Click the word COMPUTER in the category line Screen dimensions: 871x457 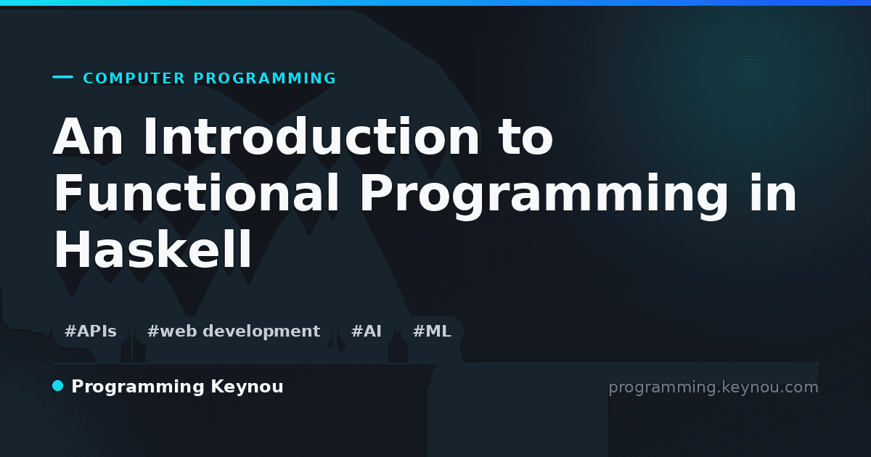[134, 78]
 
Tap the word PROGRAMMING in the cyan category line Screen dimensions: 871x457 [264, 78]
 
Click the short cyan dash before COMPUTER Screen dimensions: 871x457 [62, 77]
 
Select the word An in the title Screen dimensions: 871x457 [89, 136]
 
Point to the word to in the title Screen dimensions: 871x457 [526, 137]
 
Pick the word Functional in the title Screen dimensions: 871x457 [197, 193]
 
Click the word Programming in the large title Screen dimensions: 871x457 [544, 197]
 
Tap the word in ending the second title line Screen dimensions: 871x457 [773, 192]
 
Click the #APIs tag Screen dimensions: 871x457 [91, 332]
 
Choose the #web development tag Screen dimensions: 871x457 [234, 332]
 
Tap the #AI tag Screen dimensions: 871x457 [367, 332]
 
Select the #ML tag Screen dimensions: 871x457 [432, 332]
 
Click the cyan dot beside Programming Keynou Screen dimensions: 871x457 [57, 386]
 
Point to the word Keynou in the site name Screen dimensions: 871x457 [247, 387]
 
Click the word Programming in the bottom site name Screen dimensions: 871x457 [138, 387]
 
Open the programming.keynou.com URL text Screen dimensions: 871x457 [713, 387]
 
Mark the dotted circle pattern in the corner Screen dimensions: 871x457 [750, 71]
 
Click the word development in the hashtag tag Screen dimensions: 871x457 [261, 332]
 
